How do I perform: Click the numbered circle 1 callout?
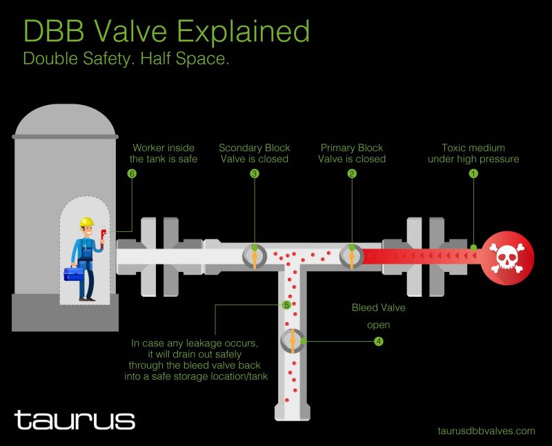[x=473, y=174]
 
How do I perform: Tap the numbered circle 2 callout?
[x=352, y=174]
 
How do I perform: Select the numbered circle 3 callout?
[x=254, y=174]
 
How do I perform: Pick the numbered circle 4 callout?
[x=378, y=341]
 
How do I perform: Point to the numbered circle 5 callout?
[x=286, y=305]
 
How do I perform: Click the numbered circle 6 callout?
[x=132, y=174]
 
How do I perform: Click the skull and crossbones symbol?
[x=507, y=257]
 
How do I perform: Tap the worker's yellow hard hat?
[x=87, y=222]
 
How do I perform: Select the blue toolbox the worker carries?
[x=73, y=273]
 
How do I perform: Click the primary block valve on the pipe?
[x=352, y=256]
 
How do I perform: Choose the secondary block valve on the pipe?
[x=255, y=256]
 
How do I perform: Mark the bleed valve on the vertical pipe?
[x=293, y=340]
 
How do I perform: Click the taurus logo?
[x=75, y=420]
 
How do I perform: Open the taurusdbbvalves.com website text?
[x=486, y=431]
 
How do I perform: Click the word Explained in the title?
[x=243, y=32]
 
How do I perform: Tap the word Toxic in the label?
[x=453, y=148]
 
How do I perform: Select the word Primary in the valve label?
[x=336, y=148]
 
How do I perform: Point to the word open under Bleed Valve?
[x=378, y=325]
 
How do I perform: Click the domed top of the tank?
[x=65, y=119]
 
